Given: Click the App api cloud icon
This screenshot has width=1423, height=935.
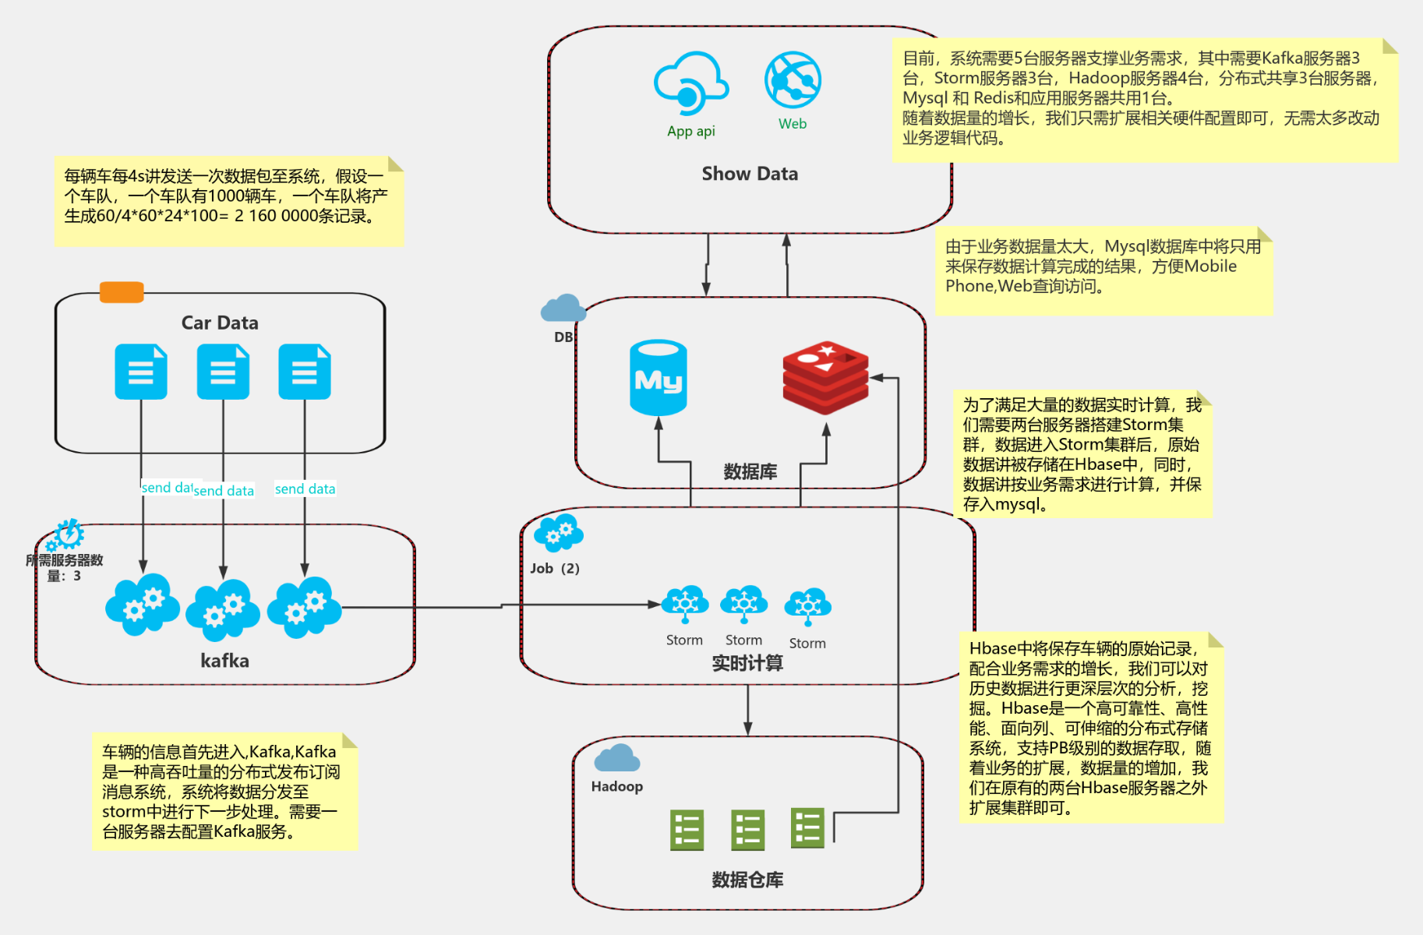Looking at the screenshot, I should (690, 84).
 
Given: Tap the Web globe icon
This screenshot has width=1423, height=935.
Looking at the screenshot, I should (793, 80).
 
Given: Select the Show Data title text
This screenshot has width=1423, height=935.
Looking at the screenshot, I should (750, 174).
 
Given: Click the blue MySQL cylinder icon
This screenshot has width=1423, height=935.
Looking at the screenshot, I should (659, 378).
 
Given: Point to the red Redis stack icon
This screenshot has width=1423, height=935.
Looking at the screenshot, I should (825, 377).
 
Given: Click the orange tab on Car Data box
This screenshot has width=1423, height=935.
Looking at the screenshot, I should (122, 292).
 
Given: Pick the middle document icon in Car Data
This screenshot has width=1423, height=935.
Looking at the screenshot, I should (223, 372).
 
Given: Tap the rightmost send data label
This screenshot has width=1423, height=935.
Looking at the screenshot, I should (305, 489).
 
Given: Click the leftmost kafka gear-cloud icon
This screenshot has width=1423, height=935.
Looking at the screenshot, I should (142, 605).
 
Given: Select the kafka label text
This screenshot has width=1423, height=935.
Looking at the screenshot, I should (224, 661).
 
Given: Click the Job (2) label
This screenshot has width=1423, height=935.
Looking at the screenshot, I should (555, 568).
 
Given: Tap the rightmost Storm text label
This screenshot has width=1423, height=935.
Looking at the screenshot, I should (807, 643).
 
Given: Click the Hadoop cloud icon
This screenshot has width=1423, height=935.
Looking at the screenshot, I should (616, 758).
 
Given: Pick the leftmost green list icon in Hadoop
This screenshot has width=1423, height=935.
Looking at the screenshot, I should (687, 830).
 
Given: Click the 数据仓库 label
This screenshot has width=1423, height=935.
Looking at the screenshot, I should (747, 880).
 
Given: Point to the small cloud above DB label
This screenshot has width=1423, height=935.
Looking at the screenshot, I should (563, 309).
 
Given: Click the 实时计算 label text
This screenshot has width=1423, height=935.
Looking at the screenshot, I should (747, 663).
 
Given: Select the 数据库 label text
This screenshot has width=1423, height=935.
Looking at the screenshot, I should (750, 471).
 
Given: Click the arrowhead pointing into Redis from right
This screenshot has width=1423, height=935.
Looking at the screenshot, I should (876, 378).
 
